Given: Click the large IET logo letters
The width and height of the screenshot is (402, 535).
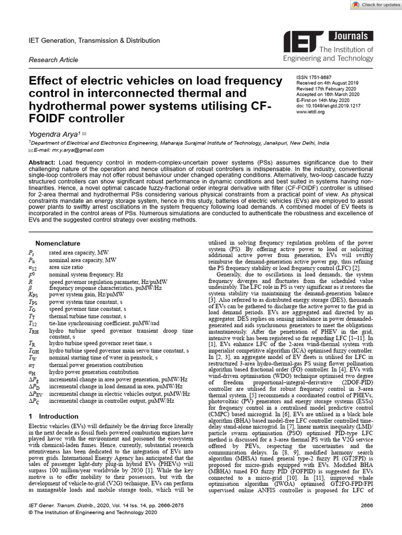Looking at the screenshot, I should [301, 43].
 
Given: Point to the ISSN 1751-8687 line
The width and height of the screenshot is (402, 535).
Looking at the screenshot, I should [315, 77].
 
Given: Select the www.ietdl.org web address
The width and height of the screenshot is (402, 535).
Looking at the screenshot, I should [309, 112].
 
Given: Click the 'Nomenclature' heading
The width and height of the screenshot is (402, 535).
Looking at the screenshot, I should [58, 243].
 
